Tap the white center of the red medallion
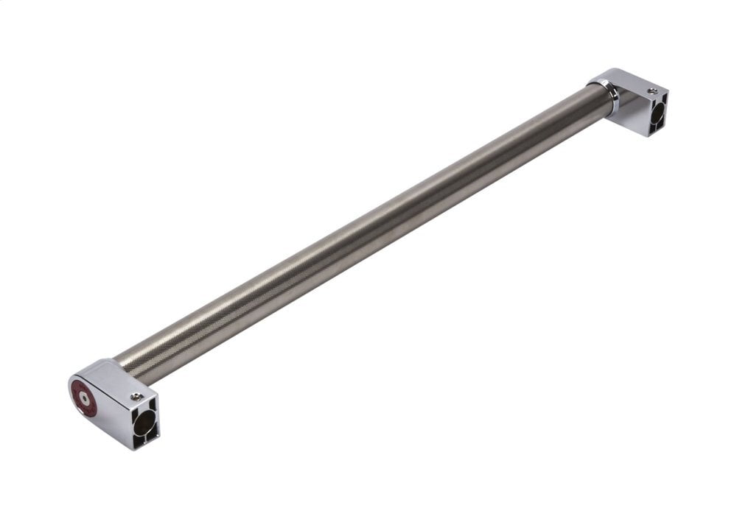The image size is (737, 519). pos(85,398)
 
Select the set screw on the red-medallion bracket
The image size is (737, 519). pos(136,397)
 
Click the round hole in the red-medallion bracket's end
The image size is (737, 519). pos(144,423)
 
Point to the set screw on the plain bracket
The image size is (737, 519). pos(652,92)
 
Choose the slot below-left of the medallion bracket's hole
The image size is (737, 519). pos(138,439)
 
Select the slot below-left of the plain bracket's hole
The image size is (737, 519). pos(652,128)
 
